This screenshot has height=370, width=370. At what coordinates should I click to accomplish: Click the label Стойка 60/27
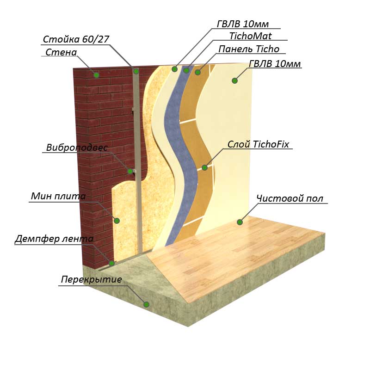tap(76, 39)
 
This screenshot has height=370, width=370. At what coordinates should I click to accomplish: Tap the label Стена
tap(61, 52)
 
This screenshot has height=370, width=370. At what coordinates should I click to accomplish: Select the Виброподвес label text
tap(77, 148)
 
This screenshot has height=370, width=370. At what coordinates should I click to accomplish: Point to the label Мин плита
tap(58, 197)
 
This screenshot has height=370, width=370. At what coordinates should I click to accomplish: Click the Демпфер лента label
tap(54, 239)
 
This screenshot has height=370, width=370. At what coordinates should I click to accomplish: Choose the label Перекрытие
tap(92, 280)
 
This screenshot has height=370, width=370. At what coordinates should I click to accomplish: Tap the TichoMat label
tap(250, 36)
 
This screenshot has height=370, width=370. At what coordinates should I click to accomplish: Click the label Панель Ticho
tap(249, 49)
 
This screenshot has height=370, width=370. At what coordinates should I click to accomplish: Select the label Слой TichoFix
tap(258, 144)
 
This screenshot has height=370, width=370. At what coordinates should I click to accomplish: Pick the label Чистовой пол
tap(290, 199)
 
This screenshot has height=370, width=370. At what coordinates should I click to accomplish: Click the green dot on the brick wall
tap(96, 75)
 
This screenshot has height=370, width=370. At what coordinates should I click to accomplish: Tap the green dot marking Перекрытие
tap(146, 304)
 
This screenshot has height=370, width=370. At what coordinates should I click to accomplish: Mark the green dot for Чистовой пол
tap(240, 222)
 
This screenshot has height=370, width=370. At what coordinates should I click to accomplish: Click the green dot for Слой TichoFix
tap(204, 167)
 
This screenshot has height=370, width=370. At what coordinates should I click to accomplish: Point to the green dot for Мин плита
tap(117, 221)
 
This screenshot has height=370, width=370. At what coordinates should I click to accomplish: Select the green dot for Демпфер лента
tap(111, 263)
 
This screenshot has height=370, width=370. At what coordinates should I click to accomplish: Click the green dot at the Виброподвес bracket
tap(130, 172)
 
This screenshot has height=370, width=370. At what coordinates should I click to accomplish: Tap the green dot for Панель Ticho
tap(197, 72)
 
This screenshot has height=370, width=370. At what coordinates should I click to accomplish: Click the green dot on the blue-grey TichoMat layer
tap(186, 70)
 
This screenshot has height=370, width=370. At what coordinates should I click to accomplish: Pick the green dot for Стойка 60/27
tap(136, 71)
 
